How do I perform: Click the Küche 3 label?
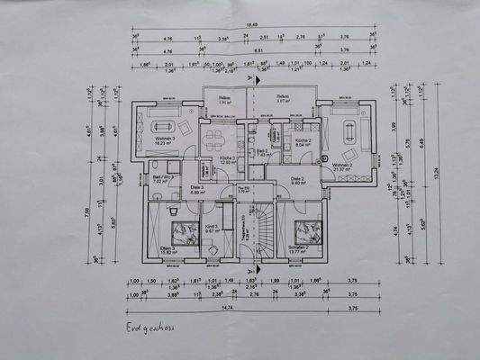tap(227, 159)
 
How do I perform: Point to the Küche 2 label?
tap(303, 142)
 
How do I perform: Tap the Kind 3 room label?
tap(213, 230)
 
